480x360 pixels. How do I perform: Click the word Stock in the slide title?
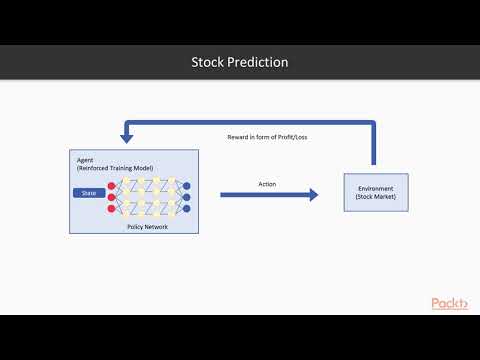(x=210, y=62)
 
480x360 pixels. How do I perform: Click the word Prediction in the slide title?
(x=259, y=62)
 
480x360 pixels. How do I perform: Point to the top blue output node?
(x=188, y=186)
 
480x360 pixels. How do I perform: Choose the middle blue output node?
(x=188, y=198)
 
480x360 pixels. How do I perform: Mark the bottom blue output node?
(x=188, y=211)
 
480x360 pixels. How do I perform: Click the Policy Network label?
(x=147, y=227)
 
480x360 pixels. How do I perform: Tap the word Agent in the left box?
(x=87, y=159)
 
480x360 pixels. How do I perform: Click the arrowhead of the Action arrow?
(x=313, y=195)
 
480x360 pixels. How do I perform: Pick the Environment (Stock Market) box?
(x=375, y=192)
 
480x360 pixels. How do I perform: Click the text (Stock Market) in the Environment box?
(x=375, y=198)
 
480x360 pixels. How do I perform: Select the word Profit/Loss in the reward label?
(x=290, y=136)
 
